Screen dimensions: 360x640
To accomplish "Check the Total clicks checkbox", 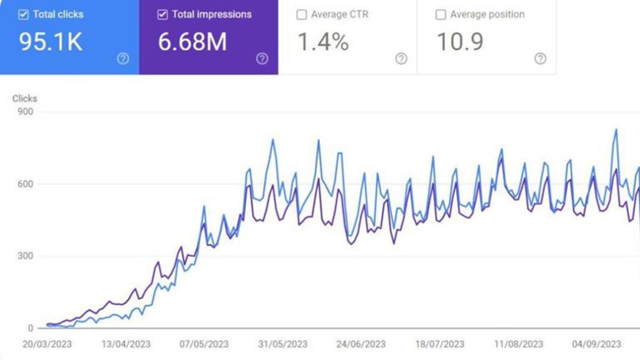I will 23,15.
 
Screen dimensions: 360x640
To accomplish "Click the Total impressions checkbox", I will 162,15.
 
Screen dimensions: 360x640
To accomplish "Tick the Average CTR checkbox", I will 301,15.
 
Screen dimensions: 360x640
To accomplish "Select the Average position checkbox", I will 440,15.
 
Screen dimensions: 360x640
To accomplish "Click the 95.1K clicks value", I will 50,42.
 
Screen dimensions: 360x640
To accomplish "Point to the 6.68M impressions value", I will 192,42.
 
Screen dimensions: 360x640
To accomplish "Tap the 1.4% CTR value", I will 323,42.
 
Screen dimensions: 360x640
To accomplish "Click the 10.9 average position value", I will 460,42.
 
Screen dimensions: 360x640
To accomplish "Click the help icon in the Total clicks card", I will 123,59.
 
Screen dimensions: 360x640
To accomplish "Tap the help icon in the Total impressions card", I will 262,59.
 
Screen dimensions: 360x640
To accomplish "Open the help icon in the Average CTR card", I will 401,59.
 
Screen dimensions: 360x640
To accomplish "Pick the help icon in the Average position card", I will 540,59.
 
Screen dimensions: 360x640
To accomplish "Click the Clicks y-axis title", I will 24,99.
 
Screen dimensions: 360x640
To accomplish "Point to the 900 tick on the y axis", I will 25,111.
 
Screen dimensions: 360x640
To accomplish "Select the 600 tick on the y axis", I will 25,184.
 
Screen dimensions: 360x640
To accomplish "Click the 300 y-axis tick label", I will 25,256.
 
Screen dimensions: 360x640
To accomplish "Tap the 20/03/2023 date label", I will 47,344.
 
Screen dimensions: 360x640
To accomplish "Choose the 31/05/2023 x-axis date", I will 283,344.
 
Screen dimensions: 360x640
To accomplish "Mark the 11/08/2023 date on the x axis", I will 518,344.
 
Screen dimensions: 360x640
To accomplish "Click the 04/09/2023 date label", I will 596,344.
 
